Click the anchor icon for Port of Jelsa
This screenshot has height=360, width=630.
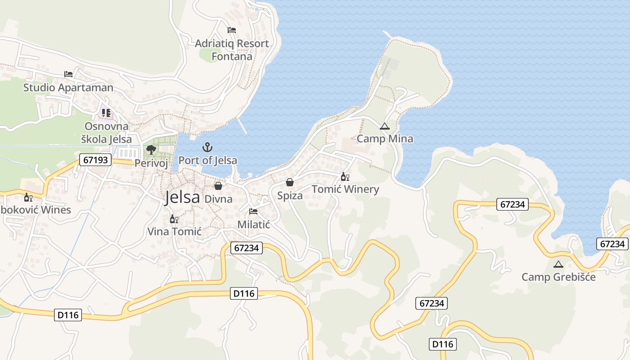[207, 147]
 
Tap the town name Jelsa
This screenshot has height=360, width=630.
[182, 197]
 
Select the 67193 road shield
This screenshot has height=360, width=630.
[95, 160]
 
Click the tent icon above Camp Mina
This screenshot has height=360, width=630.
[384, 126]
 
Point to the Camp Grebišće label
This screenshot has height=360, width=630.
[558, 277]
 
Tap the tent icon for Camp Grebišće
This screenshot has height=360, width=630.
[558, 264]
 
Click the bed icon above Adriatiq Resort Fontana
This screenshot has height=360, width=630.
[232, 30]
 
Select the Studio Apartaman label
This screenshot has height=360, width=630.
[68, 87]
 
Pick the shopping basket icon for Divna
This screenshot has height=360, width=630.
[218, 185]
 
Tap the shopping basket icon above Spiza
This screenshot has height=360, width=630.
[290, 182]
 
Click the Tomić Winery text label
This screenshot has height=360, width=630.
[346, 189]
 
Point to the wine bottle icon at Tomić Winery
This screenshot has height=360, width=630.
[345, 177]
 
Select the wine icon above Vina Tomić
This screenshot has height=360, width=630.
[174, 219]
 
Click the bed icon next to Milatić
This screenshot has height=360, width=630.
[253, 211]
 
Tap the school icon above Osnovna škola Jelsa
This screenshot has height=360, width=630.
[106, 112]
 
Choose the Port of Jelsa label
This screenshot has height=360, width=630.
[208, 160]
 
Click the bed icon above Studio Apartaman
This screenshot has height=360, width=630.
[68, 74]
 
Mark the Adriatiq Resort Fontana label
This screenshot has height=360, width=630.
[232, 50]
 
